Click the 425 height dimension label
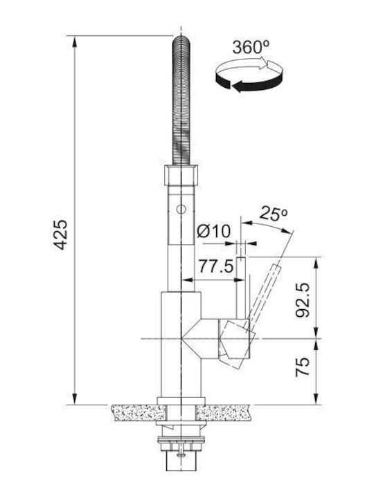(60, 234)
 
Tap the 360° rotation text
(251, 48)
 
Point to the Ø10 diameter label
(213, 231)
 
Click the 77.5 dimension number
(216, 266)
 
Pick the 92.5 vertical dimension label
(303, 299)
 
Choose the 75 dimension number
(303, 367)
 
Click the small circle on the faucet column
(181, 210)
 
